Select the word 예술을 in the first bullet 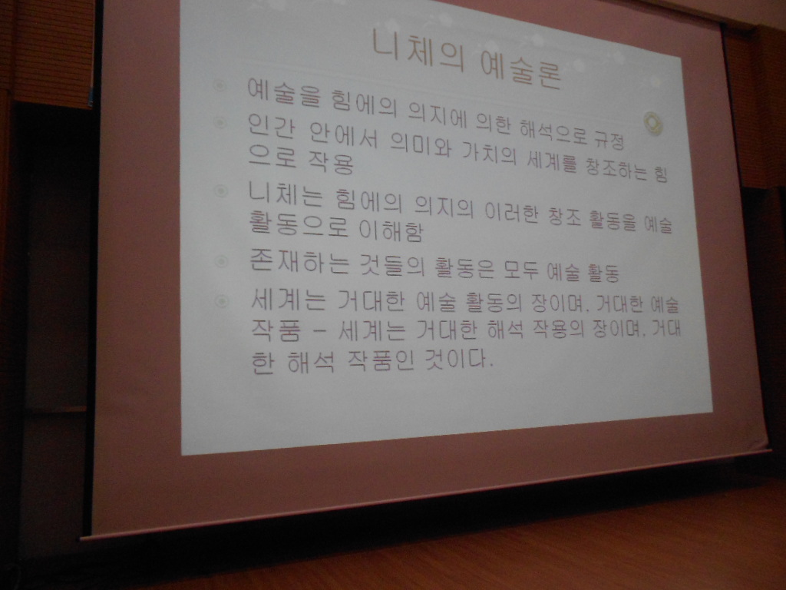point(284,92)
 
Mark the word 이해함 point(391,230)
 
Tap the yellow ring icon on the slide point(652,122)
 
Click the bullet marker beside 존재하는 point(220,261)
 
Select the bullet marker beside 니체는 point(220,191)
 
